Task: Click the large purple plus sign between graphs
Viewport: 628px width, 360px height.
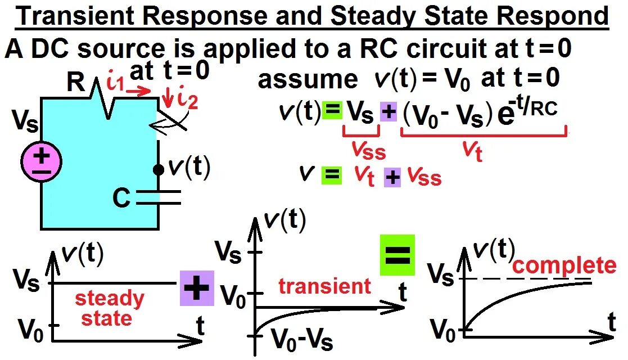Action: pos(197,288)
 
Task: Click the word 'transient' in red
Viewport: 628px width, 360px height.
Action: pos(324,286)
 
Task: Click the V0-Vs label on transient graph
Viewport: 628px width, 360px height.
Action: pos(301,339)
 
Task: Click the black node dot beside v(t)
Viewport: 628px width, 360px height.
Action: pos(159,169)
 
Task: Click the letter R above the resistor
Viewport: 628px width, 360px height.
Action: pos(76,83)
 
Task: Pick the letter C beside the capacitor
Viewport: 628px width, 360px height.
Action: pos(121,197)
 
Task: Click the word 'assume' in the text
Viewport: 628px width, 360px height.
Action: pos(308,80)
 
